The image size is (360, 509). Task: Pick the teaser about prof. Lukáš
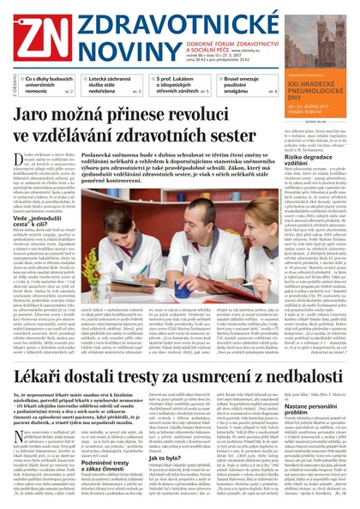click(175, 86)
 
